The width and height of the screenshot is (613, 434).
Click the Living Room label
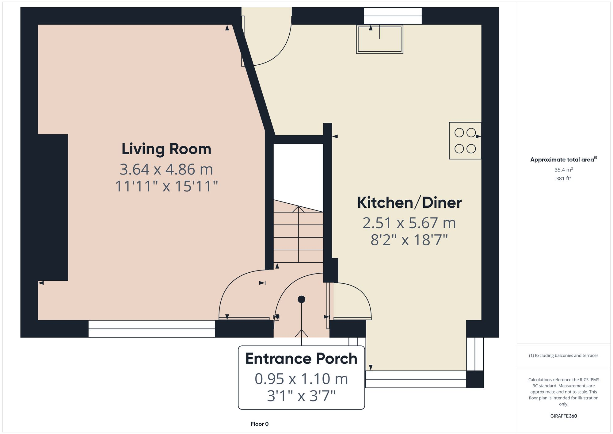[166, 149]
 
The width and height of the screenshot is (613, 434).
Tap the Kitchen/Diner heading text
[409, 203]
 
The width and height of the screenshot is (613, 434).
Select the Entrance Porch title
[301, 359]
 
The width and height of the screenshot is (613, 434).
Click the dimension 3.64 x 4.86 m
[166, 169]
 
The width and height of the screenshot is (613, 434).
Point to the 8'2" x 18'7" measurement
[409, 240]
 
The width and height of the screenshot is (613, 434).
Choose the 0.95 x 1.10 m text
[301, 379]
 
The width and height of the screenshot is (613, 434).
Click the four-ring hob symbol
[465, 141]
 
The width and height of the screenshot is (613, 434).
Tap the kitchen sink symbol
[379, 39]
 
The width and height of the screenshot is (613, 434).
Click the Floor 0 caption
[259, 424]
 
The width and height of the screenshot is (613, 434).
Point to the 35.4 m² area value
[563, 170]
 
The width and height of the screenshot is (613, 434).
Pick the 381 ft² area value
[563, 178]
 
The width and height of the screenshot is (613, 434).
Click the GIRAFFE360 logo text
[563, 416]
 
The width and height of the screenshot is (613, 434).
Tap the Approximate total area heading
[563, 159]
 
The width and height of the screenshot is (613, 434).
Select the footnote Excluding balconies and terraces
[563, 355]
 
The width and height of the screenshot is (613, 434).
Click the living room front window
[152, 329]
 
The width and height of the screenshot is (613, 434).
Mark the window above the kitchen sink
[393, 16]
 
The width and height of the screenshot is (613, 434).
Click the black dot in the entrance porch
[301, 299]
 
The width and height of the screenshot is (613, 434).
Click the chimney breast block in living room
[53, 207]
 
